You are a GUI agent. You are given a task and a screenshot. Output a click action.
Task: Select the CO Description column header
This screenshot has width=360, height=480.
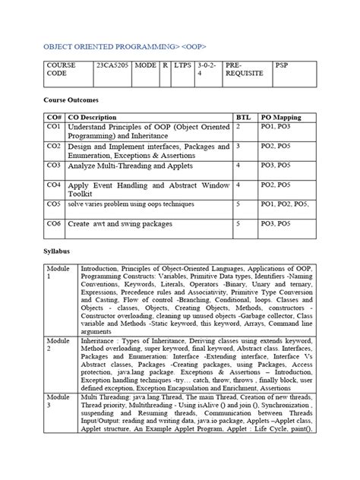pyautogui.click(x=93, y=118)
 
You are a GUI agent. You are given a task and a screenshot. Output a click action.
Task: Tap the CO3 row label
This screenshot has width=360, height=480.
pyautogui.click(x=53, y=164)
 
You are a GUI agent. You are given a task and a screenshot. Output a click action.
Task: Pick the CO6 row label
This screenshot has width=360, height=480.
pyautogui.click(x=53, y=223)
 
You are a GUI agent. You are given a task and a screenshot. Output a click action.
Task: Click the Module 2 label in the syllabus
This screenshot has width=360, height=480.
pyautogui.click(x=57, y=346)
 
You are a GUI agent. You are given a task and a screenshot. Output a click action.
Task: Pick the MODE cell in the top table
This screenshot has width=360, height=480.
pyautogui.click(x=145, y=66)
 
